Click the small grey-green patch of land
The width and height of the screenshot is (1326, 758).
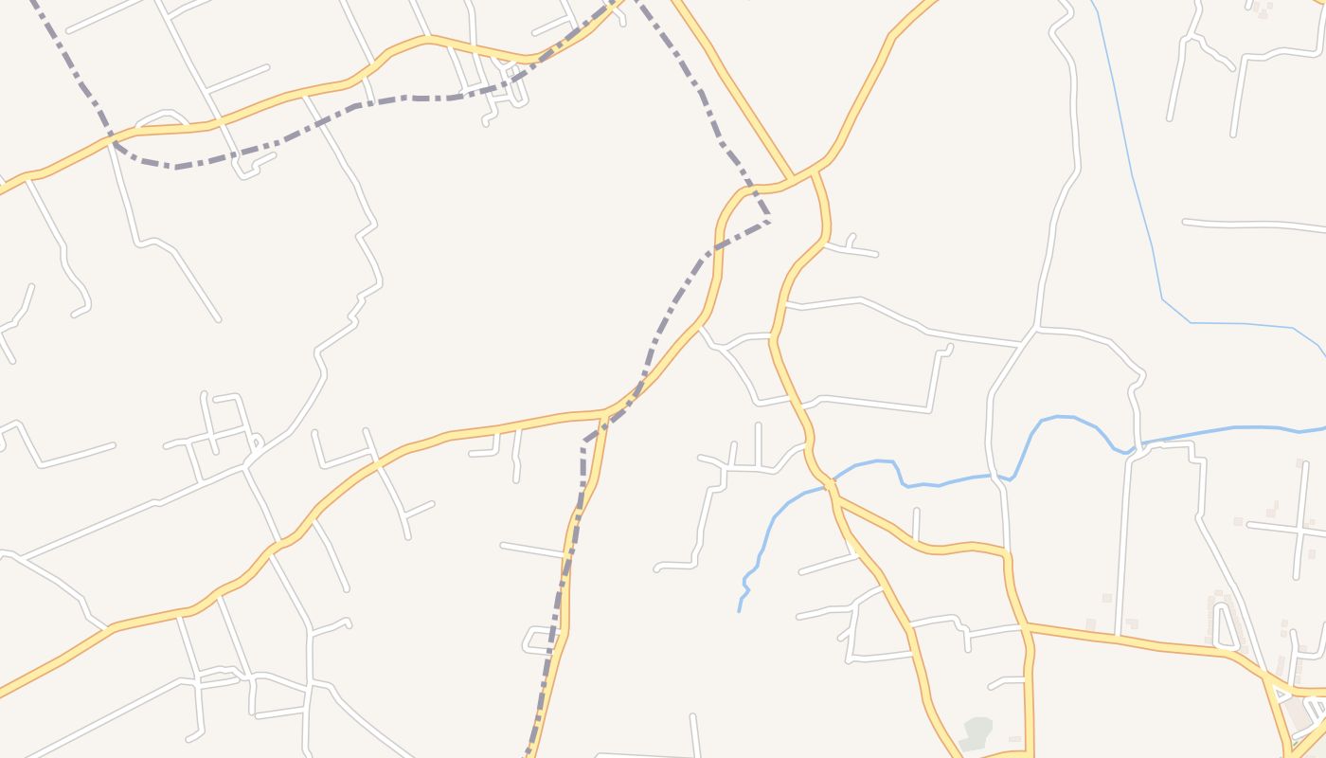[x=977, y=732]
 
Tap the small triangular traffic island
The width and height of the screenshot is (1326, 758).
[x=1317, y=706]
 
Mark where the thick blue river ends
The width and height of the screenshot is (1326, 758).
[x=740, y=610]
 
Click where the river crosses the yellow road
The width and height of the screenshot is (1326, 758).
[x=831, y=486]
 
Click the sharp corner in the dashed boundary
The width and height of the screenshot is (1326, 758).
[x=583, y=443]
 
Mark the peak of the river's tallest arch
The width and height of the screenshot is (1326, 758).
[x=1059, y=417]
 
